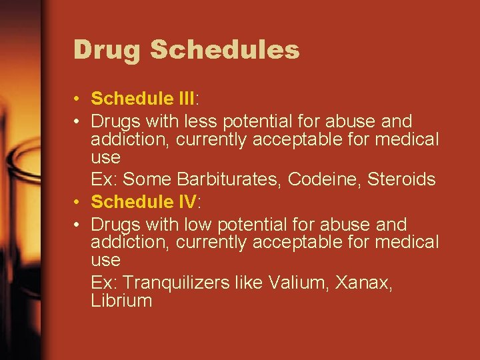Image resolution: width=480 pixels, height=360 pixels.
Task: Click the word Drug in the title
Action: pos(107,50)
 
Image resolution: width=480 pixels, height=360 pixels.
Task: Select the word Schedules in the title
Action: pos(225,50)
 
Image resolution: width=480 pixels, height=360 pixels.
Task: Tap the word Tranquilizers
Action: pos(175,283)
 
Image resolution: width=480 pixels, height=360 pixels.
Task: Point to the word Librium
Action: pos(121,301)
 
